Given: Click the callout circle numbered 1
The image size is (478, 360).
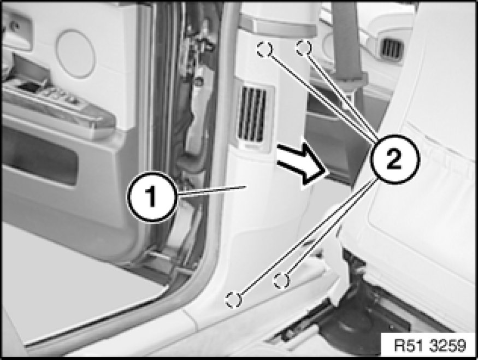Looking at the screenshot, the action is (x=152, y=197).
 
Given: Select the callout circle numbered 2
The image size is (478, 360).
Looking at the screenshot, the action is (x=394, y=159).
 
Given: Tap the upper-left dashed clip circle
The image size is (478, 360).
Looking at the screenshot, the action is (x=264, y=49).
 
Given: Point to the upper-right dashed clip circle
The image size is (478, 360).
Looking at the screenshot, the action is (x=304, y=48).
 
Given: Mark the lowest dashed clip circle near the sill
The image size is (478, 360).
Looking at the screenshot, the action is (x=233, y=300).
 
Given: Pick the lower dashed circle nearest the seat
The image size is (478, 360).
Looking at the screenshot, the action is (x=281, y=280).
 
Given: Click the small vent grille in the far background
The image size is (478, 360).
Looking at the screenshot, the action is (x=393, y=49).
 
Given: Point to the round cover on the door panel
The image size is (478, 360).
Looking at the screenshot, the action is (x=75, y=54).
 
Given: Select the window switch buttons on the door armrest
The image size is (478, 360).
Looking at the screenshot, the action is (x=61, y=94).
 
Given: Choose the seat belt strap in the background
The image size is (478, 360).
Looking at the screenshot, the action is (x=346, y=43).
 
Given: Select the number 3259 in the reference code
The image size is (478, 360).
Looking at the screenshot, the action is (x=448, y=346).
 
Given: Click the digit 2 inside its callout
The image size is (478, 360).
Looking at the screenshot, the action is (x=394, y=160).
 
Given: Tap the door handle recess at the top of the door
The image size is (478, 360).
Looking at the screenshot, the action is (x=17, y=31).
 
